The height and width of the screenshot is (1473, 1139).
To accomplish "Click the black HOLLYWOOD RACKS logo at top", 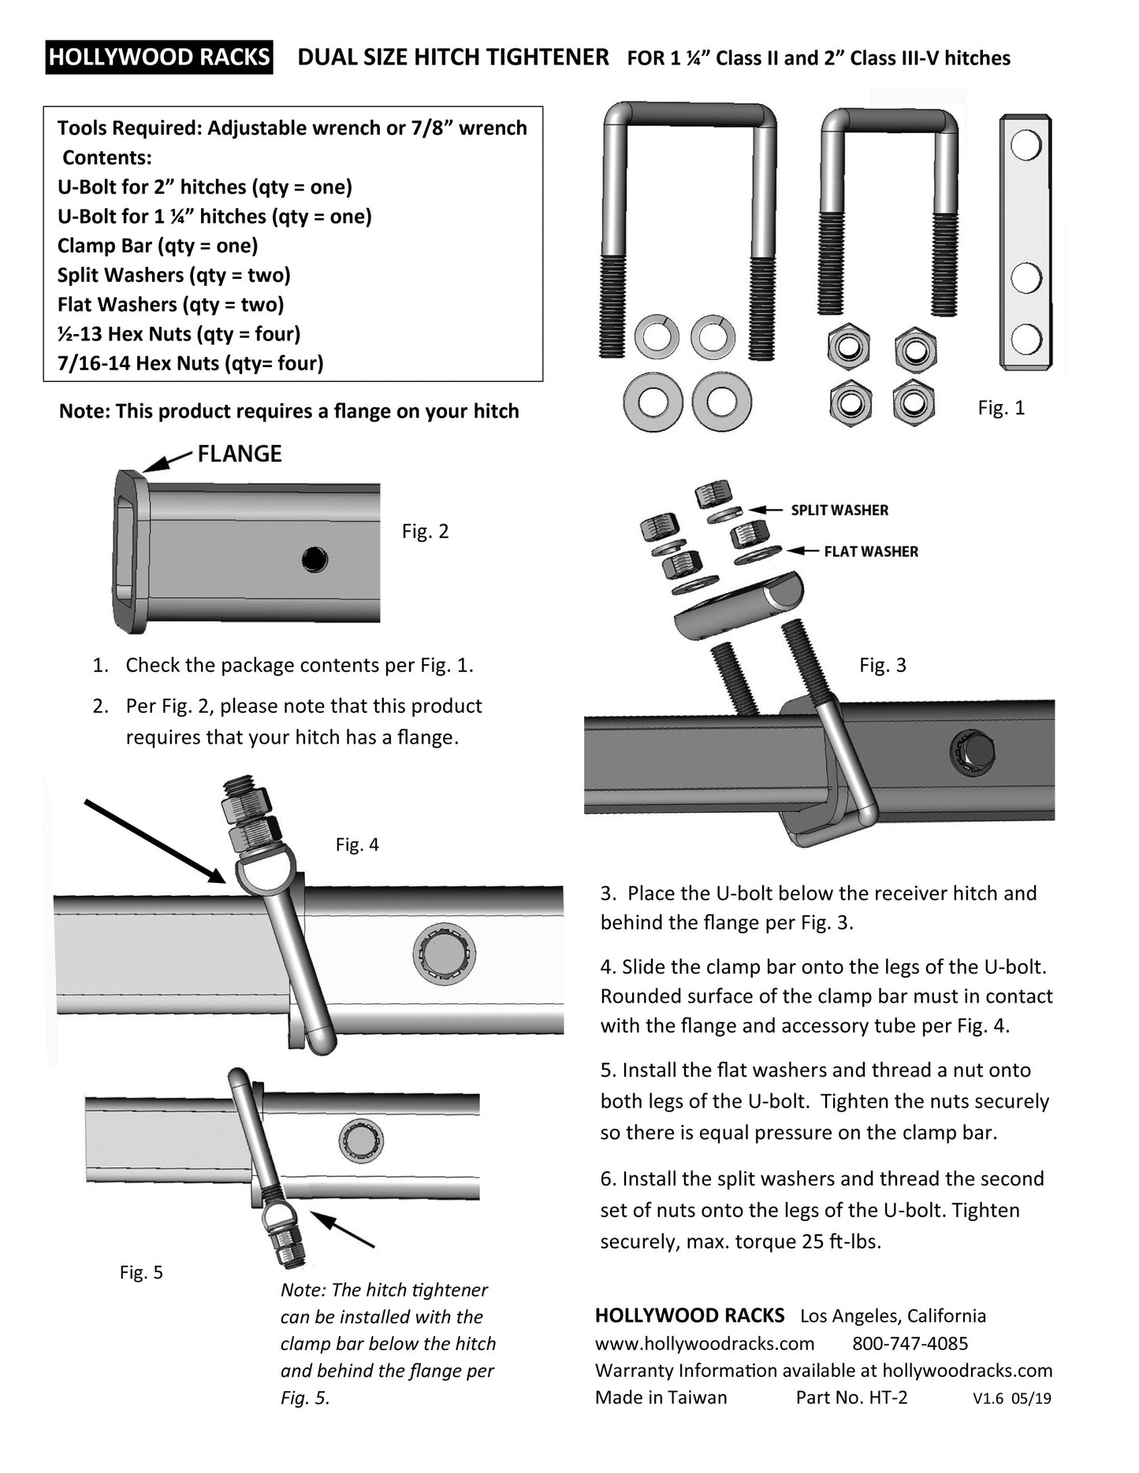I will [159, 58].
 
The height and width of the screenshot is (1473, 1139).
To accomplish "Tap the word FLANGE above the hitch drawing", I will [239, 454].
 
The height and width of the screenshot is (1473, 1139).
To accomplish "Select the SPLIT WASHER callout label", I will [839, 510].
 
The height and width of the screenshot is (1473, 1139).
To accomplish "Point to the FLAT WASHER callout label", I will [871, 551].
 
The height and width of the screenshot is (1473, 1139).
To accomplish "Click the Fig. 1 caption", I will [1001, 408].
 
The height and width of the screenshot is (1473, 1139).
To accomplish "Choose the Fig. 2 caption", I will [425, 531].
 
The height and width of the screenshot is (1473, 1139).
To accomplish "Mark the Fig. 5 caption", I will [141, 1272].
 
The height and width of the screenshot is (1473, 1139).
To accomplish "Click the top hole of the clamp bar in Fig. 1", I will [1025, 146].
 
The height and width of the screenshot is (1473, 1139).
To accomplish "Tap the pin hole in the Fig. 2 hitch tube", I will [315, 559].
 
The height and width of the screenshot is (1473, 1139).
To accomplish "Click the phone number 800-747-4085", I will [910, 1344].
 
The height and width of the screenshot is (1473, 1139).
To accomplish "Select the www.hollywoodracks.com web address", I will [705, 1344].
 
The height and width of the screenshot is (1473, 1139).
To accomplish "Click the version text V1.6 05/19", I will [1012, 1399].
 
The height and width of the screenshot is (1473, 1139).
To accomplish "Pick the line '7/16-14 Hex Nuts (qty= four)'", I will [191, 363].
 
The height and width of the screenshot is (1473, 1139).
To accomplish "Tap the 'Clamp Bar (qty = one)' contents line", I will [158, 246].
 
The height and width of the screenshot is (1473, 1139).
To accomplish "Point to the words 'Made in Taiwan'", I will [661, 1397].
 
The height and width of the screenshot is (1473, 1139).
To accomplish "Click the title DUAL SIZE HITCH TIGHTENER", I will [453, 58].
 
